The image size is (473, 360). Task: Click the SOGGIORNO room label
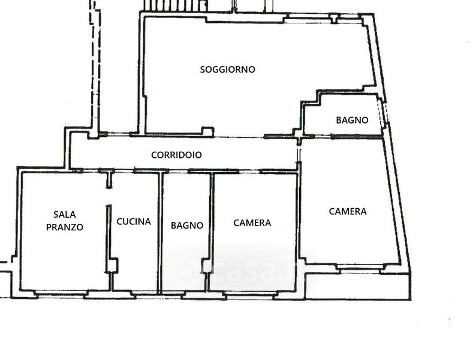click(227, 70)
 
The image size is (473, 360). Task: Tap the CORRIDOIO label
click(176, 155)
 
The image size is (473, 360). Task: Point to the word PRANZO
click(65, 227)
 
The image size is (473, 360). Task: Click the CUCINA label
click(134, 221)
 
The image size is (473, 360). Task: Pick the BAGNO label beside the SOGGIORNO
click(352, 120)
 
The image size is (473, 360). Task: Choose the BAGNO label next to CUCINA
click(187, 226)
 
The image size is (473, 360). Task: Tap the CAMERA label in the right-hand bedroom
click(348, 211)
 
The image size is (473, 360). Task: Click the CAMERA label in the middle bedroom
click(252, 223)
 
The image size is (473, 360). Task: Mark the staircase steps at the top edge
click(161, 5)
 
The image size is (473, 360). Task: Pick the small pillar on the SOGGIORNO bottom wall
click(207, 130)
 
